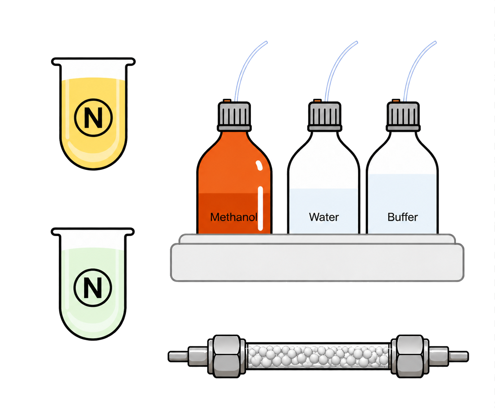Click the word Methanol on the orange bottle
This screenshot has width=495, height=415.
233,217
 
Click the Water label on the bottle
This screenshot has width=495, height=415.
324,217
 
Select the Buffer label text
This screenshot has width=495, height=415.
403,217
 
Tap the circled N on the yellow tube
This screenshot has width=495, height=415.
93,117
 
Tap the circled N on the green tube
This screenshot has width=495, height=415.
93,288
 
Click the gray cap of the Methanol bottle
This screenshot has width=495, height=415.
234,116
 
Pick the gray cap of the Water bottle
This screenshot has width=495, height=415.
324,116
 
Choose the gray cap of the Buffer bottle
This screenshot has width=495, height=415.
403,116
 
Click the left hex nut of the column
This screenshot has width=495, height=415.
227,356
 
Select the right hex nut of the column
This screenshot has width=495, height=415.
410,356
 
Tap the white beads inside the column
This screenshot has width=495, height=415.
318,356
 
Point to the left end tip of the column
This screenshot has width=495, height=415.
169,356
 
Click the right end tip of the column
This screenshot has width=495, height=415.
468,356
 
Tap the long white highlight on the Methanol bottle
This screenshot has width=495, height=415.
260,209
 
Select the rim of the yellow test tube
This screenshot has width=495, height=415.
93,61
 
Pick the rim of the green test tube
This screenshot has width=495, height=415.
93,232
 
